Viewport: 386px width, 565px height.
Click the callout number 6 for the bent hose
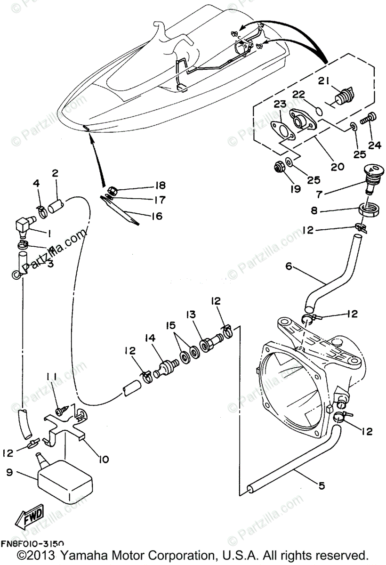pyautogui.click(x=289, y=267)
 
